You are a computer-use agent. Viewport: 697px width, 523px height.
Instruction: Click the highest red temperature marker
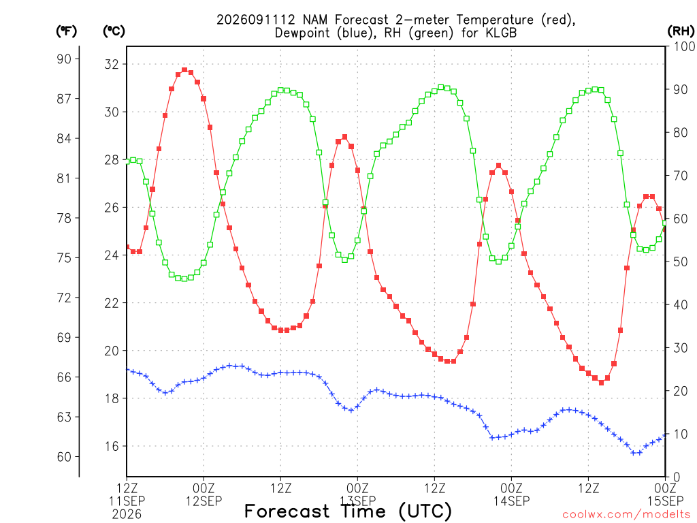184,70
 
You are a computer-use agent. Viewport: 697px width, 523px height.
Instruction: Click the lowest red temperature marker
601,383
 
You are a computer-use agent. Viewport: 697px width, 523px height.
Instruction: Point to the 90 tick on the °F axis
64,59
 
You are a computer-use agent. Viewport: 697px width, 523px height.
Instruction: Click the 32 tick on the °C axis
112,64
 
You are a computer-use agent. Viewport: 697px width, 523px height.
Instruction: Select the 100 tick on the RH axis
684,46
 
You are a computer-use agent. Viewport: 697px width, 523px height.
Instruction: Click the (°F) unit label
66,31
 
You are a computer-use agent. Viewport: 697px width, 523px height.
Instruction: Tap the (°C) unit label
114,31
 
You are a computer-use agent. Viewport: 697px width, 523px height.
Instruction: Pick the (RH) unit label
681,31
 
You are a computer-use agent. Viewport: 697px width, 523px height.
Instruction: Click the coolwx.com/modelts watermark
627,515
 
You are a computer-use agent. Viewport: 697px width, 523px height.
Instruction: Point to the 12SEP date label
204,501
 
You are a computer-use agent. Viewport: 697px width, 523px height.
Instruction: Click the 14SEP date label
511,501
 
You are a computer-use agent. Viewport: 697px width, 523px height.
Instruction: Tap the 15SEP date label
665,501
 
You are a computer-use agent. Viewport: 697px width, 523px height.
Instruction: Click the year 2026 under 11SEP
127,515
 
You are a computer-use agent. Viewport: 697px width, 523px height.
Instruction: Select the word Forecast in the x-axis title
287,511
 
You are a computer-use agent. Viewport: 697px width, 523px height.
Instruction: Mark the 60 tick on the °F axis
64,457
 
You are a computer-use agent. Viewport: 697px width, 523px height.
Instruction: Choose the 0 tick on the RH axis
677,477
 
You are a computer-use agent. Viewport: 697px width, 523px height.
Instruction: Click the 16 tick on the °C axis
112,446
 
